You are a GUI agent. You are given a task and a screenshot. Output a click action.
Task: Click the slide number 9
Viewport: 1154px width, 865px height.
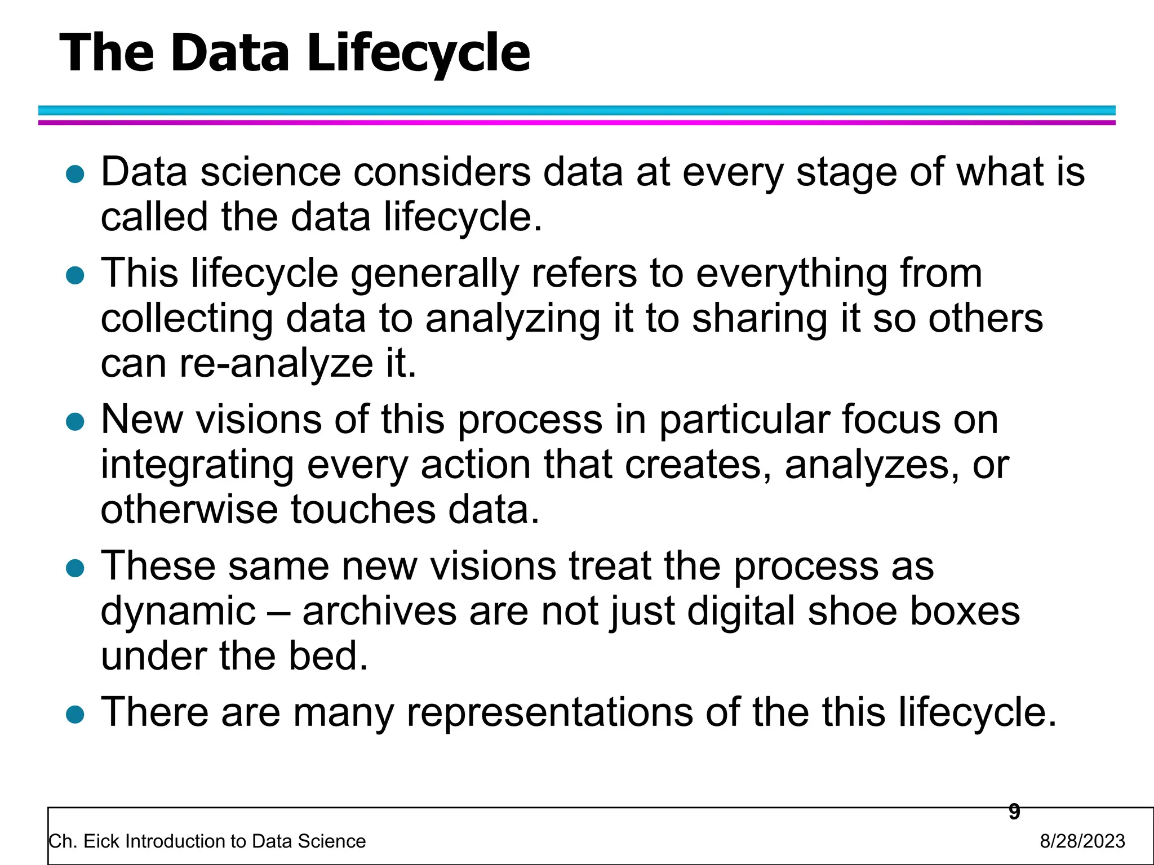pyautogui.click(x=1014, y=812)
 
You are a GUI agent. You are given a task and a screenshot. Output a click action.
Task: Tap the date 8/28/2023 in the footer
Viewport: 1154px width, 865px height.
pyautogui.click(x=1082, y=841)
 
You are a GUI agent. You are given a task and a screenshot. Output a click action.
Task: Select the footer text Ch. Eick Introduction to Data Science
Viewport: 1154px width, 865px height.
pyautogui.click(x=207, y=841)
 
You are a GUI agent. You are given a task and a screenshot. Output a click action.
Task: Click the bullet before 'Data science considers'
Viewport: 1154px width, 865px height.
pyautogui.click(x=75, y=175)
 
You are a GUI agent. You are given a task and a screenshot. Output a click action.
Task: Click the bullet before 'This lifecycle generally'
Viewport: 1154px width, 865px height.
pyautogui.click(x=75, y=276)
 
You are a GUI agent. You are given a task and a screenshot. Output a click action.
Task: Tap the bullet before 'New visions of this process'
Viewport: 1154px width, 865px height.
pyautogui.click(x=75, y=422)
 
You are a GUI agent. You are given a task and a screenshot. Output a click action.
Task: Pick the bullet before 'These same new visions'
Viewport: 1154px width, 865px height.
pyautogui.click(x=75, y=568)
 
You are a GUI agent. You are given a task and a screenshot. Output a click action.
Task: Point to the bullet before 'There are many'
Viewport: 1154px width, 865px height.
pyautogui.click(x=75, y=715)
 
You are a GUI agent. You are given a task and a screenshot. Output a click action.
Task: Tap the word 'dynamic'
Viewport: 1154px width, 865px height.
pyautogui.click(x=178, y=612)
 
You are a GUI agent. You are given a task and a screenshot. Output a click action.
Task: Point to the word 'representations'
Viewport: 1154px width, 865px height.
pyautogui.click(x=549, y=713)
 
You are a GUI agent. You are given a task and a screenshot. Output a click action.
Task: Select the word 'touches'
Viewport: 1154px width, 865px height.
pyautogui.click(x=363, y=510)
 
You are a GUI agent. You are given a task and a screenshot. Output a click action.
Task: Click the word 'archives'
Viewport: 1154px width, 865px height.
pyautogui.click(x=379, y=612)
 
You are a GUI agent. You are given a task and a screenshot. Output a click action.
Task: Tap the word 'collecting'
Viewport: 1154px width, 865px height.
pyautogui.click(x=187, y=319)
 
